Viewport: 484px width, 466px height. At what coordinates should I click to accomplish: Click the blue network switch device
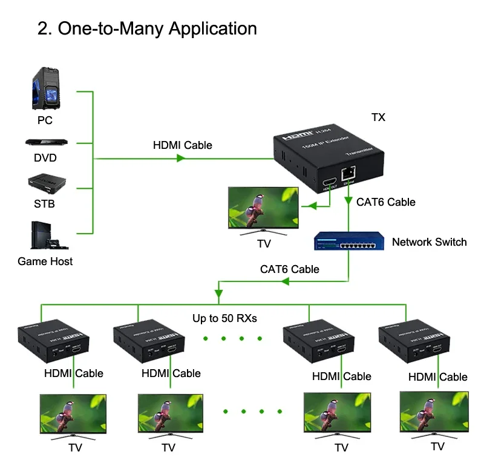(x=347, y=241)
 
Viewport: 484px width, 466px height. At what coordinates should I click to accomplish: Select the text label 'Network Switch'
(x=429, y=242)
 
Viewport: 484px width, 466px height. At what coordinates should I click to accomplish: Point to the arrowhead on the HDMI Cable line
(x=180, y=159)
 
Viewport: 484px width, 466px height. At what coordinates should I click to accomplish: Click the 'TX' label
(x=378, y=117)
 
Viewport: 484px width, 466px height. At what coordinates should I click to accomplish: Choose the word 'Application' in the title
(x=212, y=28)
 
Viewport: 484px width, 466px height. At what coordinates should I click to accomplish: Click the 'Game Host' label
(x=45, y=261)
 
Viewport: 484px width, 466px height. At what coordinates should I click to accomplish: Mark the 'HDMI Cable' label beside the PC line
(x=182, y=145)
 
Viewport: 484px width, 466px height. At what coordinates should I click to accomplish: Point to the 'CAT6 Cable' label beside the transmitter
(x=386, y=202)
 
